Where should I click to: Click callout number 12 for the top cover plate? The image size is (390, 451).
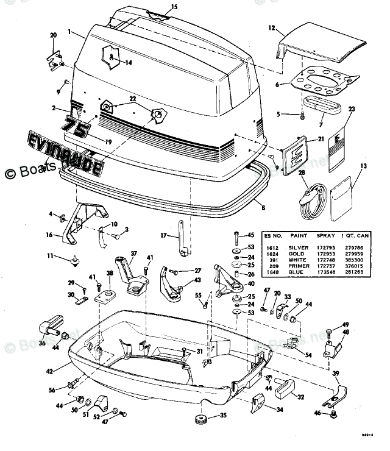(x=272, y=27)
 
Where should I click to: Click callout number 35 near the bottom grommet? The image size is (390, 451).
(x=223, y=416)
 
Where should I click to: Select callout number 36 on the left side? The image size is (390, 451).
(x=42, y=344)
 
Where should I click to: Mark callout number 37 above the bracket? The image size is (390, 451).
(x=134, y=254)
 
